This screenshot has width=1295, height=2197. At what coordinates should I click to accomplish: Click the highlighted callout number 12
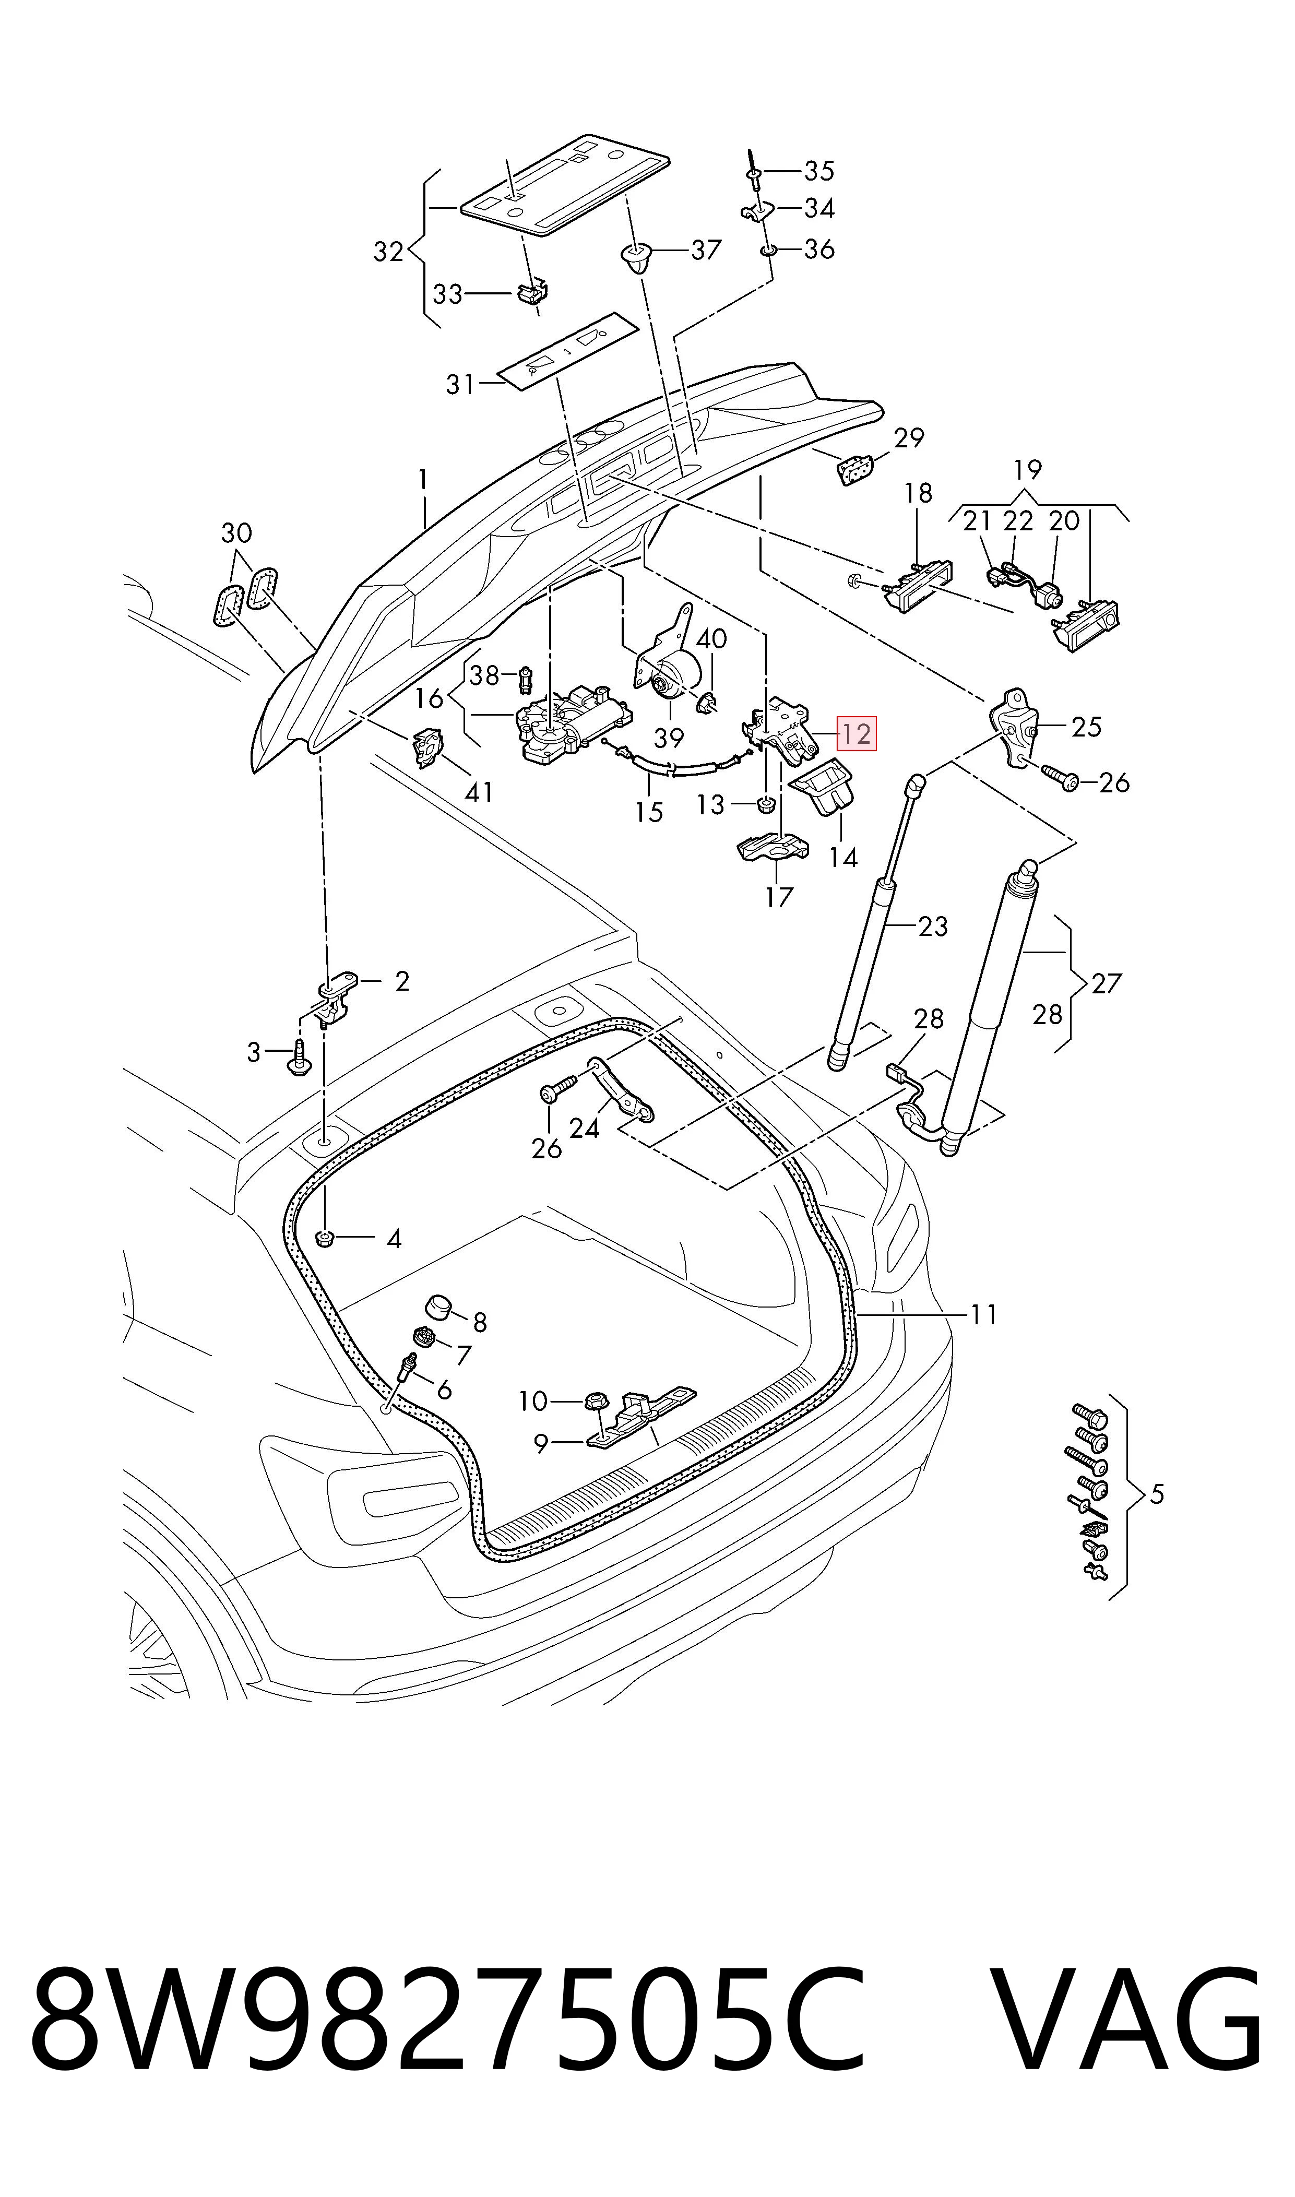[x=856, y=734]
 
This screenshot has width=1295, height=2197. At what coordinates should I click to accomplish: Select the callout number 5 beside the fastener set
[x=1156, y=1494]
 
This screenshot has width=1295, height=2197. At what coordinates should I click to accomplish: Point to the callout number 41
[x=479, y=792]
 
